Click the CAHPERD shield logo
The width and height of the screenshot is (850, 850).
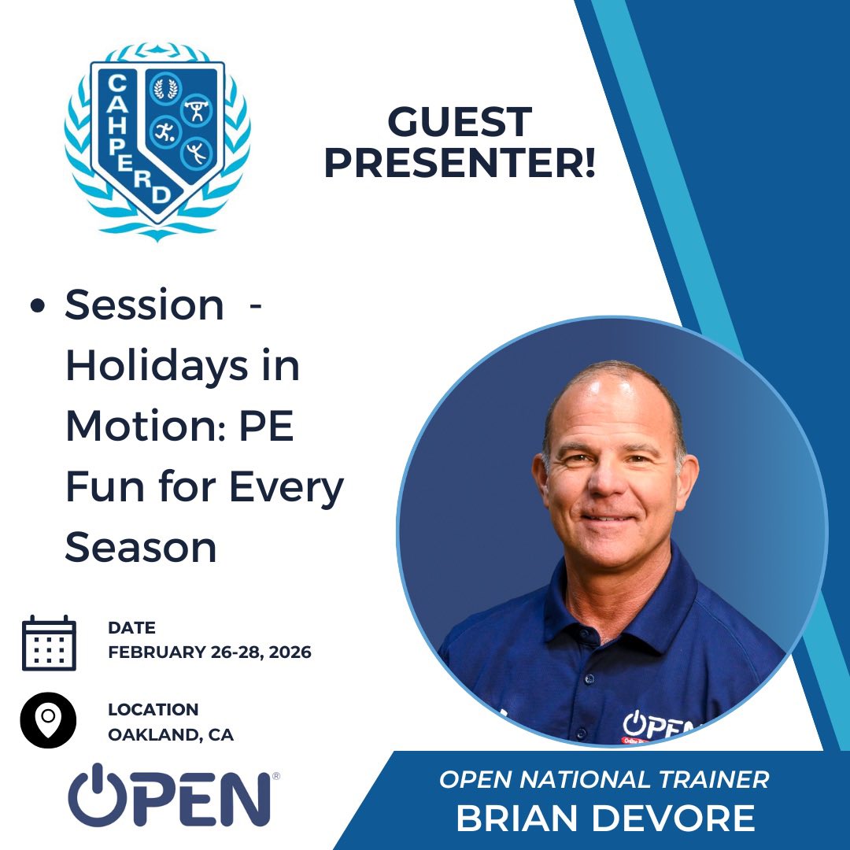click(157, 134)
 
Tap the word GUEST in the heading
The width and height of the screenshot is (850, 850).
click(460, 123)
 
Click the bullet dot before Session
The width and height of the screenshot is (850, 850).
click(37, 307)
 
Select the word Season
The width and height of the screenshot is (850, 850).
click(140, 547)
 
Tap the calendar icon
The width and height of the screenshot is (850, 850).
click(49, 642)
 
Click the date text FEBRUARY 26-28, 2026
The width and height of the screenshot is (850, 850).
click(209, 652)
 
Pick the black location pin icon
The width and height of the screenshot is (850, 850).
click(48, 719)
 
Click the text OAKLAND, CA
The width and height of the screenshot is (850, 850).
click(171, 735)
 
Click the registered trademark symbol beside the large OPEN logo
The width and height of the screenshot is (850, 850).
click(275, 777)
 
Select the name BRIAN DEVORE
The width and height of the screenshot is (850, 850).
click(605, 819)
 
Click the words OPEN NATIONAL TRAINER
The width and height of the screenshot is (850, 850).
click(604, 779)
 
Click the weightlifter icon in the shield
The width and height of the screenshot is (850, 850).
click(196, 109)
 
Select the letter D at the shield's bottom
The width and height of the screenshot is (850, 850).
click(160, 194)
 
